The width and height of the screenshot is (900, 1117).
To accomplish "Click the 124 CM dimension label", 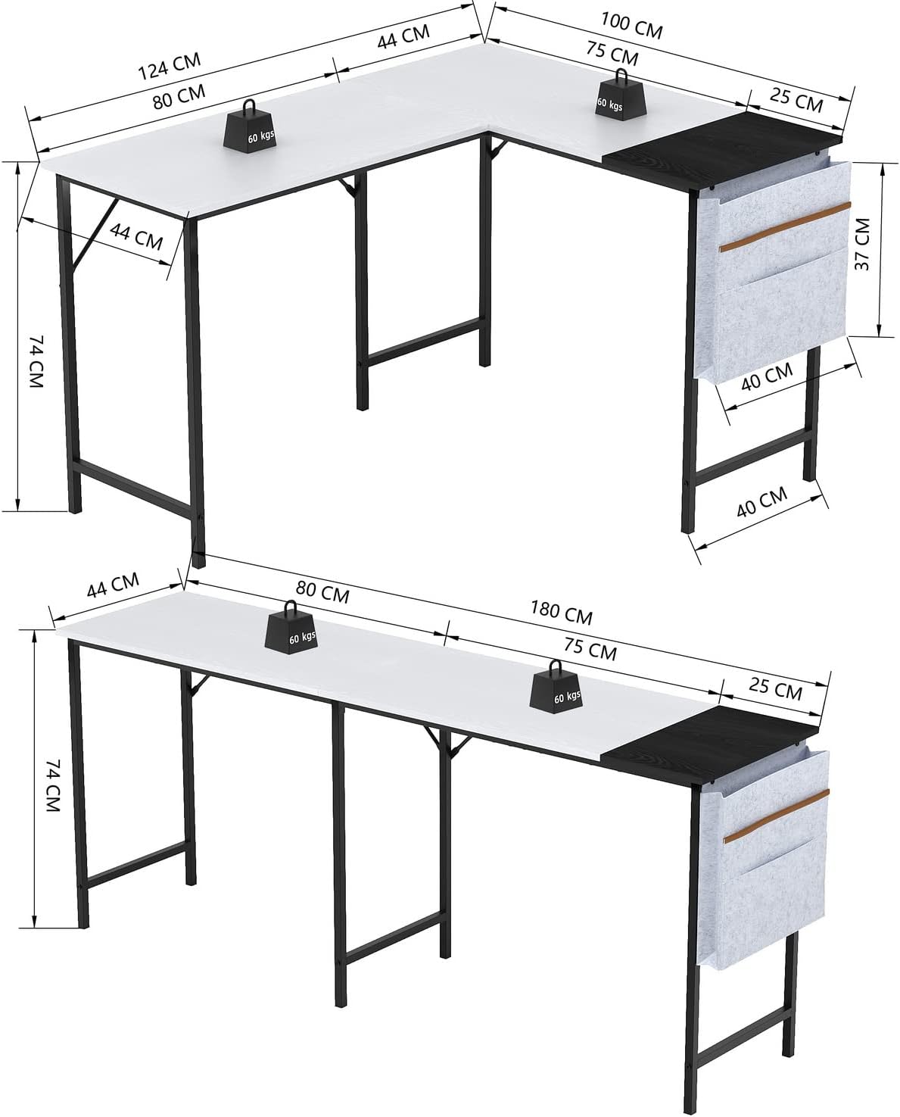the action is [x=169, y=65].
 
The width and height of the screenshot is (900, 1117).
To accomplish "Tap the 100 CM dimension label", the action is [x=632, y=26].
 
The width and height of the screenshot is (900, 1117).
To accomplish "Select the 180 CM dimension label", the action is [x=561, y=613].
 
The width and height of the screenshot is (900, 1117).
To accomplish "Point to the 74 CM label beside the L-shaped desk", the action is [x=36, y=361].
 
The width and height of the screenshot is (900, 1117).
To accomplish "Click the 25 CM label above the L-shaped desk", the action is [x=796, y=100].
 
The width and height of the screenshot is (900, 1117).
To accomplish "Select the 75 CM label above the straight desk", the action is [x=590, y=649].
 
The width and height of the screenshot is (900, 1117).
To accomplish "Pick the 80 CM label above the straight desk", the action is [x=322, y=592].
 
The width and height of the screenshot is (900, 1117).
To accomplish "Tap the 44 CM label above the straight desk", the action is [x=113, y=585].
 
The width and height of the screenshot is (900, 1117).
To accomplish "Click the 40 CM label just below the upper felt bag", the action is [x=767, y=376].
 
